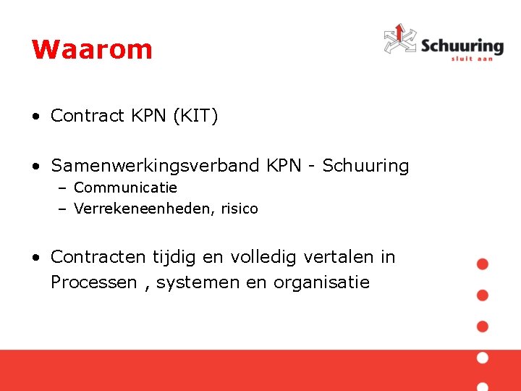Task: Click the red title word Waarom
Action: pyautogui.click(x=92, y=49)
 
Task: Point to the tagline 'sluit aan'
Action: pyautogui.click(x=471, y=59)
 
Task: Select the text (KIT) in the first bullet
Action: pyautogui.click(x=195, y=116)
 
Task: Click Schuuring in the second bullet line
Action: pyautogui.click(x=365, y=166)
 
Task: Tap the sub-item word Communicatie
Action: pyautogui.click(x=125, y=188)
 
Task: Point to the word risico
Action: pyautogui.click(x=240, y=209)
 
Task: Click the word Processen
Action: pyautogui.click(x=93, y=282)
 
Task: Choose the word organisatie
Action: pyautogui.click(x=321, y=282)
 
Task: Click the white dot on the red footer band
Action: pyautogui.click(x=483, y=358)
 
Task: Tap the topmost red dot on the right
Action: pyautogui.click(x=483, y=264)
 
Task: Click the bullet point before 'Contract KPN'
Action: pyautogui.click(x=35, y=117)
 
